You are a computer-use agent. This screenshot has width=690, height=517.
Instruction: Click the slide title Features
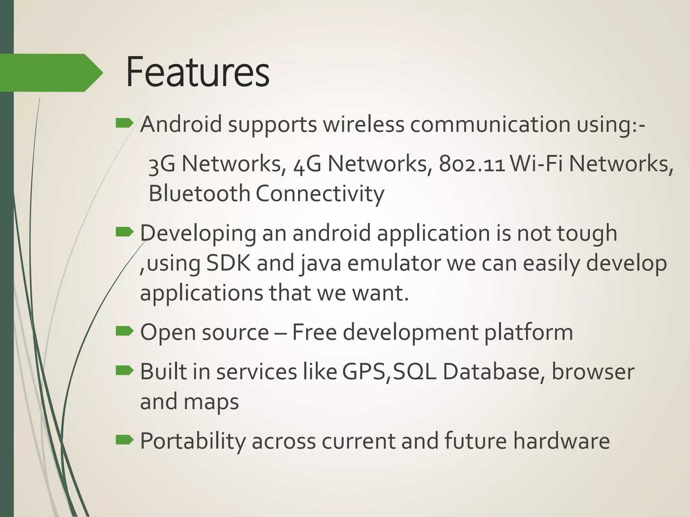tap(198, 73)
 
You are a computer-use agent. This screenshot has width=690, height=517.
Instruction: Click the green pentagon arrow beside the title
tap(51, 73)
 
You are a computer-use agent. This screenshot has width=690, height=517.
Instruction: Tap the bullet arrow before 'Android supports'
tap(124, 124)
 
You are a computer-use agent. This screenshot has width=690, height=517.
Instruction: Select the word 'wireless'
tap(364, 124)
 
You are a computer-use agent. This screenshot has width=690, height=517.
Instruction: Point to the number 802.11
tap(472, 164)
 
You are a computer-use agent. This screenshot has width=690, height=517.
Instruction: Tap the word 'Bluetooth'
tap(199, 194)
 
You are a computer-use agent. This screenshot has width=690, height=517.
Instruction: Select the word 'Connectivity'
tap(320, 194)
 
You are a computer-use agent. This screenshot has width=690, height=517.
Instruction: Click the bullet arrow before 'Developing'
tap(124, 232)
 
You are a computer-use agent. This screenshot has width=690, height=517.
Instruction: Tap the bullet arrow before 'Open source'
tap(124, 332)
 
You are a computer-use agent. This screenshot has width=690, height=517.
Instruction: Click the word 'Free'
tap(314, 332)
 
